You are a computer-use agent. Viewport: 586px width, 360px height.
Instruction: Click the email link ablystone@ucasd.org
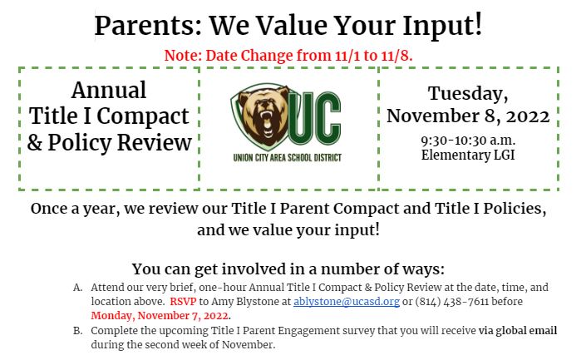pyautogui.click(x=347, y=302)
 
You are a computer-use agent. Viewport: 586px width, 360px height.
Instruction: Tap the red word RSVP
pyautogui.click(x=183, y=301)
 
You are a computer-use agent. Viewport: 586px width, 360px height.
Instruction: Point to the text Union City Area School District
pyautogui.click(x=288, y=157)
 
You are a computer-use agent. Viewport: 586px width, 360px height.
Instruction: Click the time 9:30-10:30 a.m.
pyautogui.click(x=468, y=141)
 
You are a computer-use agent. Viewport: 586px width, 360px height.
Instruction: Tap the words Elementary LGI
pyautogui.click(x=468, y=155)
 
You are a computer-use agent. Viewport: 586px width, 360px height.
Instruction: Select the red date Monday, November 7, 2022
pyautogui.click(x=160, y=316)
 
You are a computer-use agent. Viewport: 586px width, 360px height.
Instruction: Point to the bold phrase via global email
pyautogui.click(x=518, y=330)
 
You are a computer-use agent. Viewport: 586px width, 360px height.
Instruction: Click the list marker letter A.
pyautogui.click(x=78, y=288)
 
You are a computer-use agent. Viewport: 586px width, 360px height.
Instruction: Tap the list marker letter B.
pyautogui.click(x=78, y=331)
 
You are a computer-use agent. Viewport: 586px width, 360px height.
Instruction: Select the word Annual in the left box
pyautogui.click(x=109, y=90)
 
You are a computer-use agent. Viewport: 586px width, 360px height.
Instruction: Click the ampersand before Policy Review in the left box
pyautogui.click(x=35, y=142)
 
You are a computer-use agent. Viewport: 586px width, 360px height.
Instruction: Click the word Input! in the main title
pyautogui.click(x=442, y=26)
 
